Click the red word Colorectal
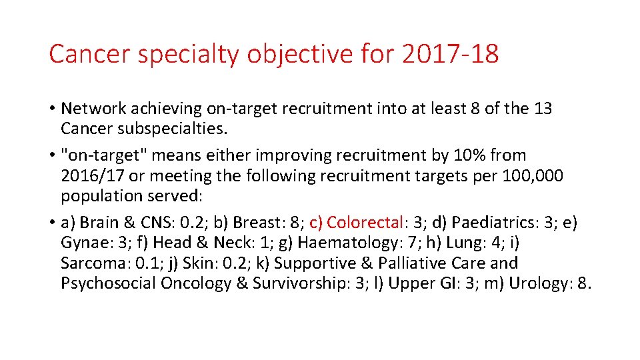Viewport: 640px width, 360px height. pos(365,222)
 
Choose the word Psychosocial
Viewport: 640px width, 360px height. pos(108,283)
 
